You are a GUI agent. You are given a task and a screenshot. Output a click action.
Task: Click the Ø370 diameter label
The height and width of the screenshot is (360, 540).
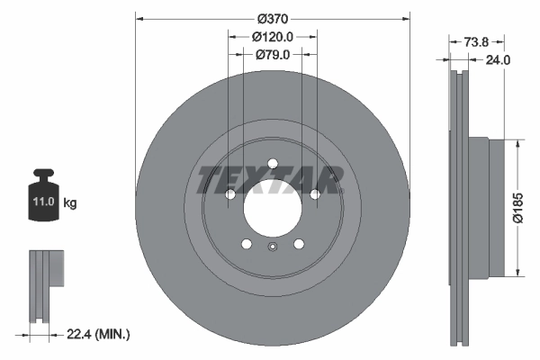pyautogui.click(x=271, y=19)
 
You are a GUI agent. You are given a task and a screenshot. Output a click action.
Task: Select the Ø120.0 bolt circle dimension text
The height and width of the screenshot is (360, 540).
pyautogui.click(x=272, y=37)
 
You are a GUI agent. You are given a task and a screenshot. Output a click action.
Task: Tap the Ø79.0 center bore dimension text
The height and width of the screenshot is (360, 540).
pyautogui.click(x=272, y=55)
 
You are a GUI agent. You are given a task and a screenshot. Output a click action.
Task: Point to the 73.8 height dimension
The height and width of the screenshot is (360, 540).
pyautogui.click(x=478, y=41)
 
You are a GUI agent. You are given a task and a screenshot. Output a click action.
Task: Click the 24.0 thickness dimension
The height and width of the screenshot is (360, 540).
pyautogui.click(x=498, y=60)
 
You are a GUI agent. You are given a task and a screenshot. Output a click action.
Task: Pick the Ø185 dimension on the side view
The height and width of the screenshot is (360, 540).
pyautogui.click(x=517, y=206)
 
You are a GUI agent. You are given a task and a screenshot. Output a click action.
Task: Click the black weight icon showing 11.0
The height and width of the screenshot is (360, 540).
pyautogui.click(x=44, y=191)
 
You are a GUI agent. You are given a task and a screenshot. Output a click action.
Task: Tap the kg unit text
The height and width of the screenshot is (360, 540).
pyautogui.click(x=70, y=203)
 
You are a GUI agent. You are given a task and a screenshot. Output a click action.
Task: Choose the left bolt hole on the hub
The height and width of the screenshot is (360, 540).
pyautogui.click(x=229, y=193)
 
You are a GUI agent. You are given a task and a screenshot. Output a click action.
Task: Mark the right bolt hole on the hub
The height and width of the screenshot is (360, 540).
pyautogui.click(x=314, y=193)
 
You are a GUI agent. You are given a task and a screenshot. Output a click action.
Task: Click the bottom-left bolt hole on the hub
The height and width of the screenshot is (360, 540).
pyautogui.click(x=246, y=243)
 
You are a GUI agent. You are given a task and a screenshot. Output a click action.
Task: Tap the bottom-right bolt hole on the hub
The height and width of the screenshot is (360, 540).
pyautogui.click(x=298, y=243)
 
